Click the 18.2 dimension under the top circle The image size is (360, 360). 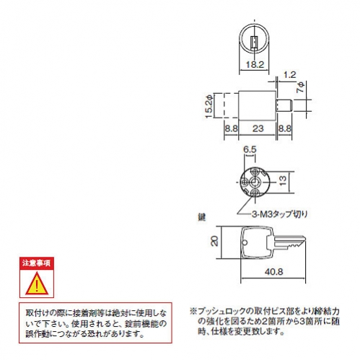click(255, 64)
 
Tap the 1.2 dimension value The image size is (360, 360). click(289, 75)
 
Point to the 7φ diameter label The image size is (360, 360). click(301, 87)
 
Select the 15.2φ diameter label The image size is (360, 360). click(209, 106)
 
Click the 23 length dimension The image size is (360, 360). click(258, 128)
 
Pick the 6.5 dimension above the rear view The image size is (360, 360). click(250, 149)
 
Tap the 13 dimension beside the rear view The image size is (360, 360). click(283, 180)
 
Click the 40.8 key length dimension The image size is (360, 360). click(274, 272)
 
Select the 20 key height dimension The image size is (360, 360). click(214, 241)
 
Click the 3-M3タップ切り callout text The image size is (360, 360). click(280, 214)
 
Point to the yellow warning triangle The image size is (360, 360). click(37, 284)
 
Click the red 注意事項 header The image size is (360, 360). click(37, 263)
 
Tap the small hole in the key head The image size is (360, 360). click(245, 242)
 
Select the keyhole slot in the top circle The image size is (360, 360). click(254, 43)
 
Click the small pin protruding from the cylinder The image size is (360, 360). click(285, 105)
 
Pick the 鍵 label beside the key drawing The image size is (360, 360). click(201, 217)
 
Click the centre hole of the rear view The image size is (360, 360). click(254, 183)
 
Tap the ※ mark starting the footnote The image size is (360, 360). click(193, 312)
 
